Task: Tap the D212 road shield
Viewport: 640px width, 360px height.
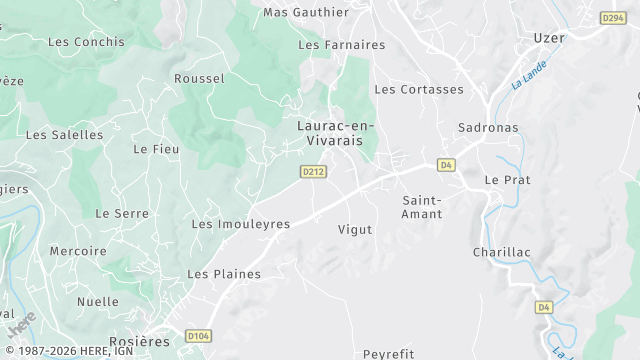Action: pyautogui.click(x=313, y=172)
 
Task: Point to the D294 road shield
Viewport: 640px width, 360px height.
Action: pyautogui.click(x=613, y=18)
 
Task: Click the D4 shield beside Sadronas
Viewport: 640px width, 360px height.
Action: pyautogui.click(x=446, y=165)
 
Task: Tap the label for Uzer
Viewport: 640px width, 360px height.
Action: pyautogui.click(x=549, y=38)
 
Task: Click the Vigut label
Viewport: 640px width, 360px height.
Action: pyautogui.click(x=355, y=229)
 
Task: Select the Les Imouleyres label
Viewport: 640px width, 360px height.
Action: pyautogui.click(x=241, y=224)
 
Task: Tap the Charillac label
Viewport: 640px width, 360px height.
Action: pyautogui.click(x=500, y=252)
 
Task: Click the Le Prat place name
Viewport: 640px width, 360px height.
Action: pyautogui.click(x=506, y=180)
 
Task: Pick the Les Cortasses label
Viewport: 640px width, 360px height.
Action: pyautogui.click(x=419, y=89)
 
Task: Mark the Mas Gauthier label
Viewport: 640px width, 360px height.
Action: pyautogui.click(x=306, y=12)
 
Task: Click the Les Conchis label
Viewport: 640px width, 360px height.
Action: pyautogui.click(x=86, y=42)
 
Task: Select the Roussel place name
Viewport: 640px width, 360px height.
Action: pyautogui.click(x=199, y=78)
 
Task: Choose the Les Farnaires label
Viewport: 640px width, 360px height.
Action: pyautogui.click(x=342, y=45)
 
